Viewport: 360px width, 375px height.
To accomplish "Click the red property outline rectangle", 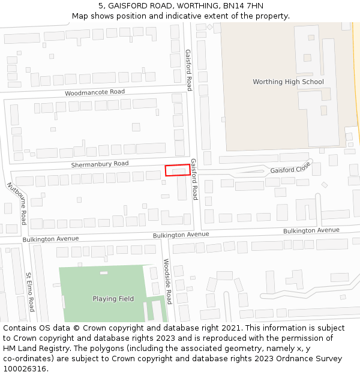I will pyautogui.click(x=178, y=170).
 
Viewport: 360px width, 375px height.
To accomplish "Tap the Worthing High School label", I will pyautogui.click(x=288, y=82).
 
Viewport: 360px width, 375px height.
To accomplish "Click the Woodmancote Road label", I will pyautogui.click(x=95, y=92).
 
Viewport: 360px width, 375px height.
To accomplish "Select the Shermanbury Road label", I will pyautogui.click(x=100, y=164).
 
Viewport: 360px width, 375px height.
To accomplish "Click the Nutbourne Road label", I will pyautogui.click(x=17, y=205).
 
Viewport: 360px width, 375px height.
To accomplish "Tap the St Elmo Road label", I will pyautogui.click(x=30, y=292).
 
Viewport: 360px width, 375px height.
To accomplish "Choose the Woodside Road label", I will pyautogui.click(x=168, y=281).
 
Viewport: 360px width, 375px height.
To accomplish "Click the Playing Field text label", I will pyautogui.click(x=113, y=299).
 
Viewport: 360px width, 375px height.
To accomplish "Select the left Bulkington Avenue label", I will pyautogui.click(x=51, y=239).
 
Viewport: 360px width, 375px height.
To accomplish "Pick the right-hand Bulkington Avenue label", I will pyautogui.click(x=311, y=230).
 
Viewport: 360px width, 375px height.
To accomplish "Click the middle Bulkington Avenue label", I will pyautogui.click(x=181, y=235).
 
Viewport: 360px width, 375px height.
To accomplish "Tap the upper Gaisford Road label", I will pyautogui.click(x=188, y=70).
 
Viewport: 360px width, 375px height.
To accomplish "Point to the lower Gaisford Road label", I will pyautogui.click(x=194, y=179).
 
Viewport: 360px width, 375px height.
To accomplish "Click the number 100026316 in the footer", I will pyautogui.click(x=25, y=368).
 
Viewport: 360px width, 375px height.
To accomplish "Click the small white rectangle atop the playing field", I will pyautogui.click(x=104, y=273).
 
